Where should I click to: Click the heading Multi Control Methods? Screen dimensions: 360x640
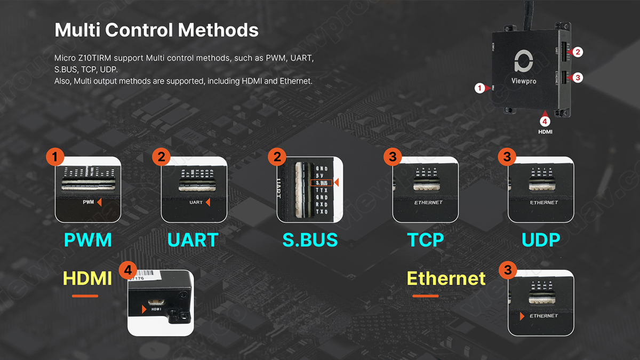point(156,30)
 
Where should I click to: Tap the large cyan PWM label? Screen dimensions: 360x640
point(88,240)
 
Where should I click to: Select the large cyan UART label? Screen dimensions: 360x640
point(193,240)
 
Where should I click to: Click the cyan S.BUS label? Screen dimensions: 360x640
point(310,240)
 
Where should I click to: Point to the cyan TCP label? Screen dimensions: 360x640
point(426,240)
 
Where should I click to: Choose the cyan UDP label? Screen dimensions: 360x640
point(541,240)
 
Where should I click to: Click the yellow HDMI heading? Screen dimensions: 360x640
point(87,278)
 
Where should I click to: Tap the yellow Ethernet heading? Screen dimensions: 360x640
point(446,278)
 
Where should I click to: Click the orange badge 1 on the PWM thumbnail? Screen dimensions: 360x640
point(55,157)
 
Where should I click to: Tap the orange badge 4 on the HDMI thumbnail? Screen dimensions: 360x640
point(127,270)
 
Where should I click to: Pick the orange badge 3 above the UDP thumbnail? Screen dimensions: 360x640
point(507,157)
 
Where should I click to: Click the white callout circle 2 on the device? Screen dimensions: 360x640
point(578,52)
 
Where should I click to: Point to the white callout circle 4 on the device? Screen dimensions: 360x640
point(545,121)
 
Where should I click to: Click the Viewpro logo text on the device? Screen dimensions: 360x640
point(523,82)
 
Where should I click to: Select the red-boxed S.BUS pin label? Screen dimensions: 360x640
point(321,183)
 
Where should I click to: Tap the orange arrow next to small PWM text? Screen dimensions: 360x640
point(99,203)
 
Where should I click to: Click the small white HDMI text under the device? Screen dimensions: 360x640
point(545,131)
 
